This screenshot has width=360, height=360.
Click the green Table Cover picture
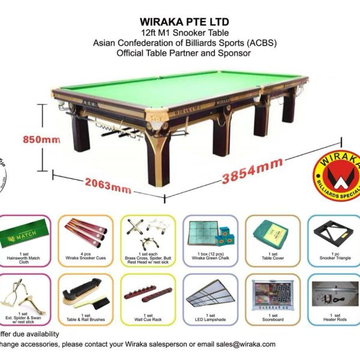coord(272,234)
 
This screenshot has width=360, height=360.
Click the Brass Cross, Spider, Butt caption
coord(148,257)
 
